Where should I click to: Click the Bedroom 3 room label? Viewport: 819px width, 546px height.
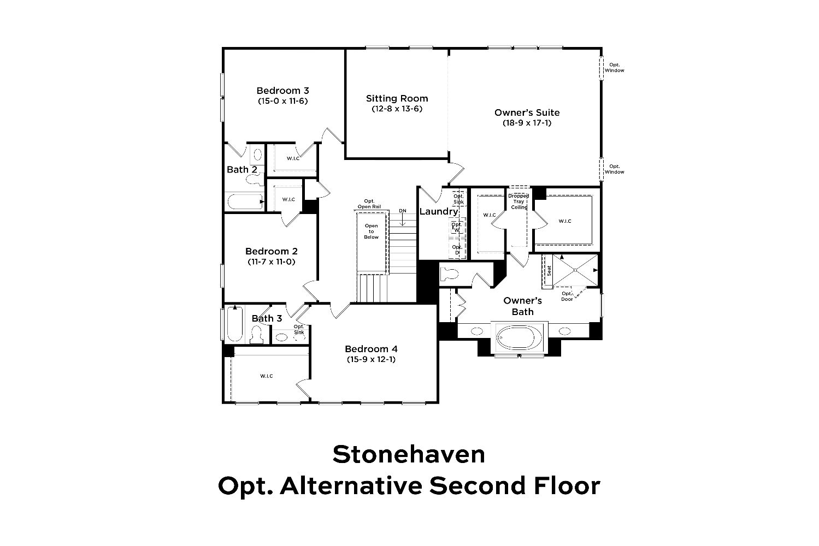point(282,90)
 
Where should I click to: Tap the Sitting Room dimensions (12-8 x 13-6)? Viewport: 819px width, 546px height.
point(397,109)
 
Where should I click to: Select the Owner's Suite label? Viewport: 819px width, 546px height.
point(527,112)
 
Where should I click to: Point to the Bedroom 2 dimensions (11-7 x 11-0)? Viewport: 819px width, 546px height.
point(272,262)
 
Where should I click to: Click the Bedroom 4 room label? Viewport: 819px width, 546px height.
point(371,349)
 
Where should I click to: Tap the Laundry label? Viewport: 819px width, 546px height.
point(439,211)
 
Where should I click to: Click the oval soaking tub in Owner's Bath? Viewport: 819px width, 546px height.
point(519,337)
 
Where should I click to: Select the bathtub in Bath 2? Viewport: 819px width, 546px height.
point(245,201)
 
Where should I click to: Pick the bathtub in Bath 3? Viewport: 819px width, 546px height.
point(235,324)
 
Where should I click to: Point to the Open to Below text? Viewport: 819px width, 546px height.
point(371,232)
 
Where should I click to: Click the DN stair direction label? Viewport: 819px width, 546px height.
point(403,211)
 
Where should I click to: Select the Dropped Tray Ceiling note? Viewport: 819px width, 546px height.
point(518,201)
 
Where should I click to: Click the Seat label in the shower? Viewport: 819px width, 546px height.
point(549,270)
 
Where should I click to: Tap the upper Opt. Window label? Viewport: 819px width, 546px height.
point(614,68)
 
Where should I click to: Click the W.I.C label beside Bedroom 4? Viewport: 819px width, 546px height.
point(267,376)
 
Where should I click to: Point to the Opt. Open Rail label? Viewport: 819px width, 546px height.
point(369,204)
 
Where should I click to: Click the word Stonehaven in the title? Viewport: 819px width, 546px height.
point(409,454)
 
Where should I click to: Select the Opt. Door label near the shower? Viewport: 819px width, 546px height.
point(567,296)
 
